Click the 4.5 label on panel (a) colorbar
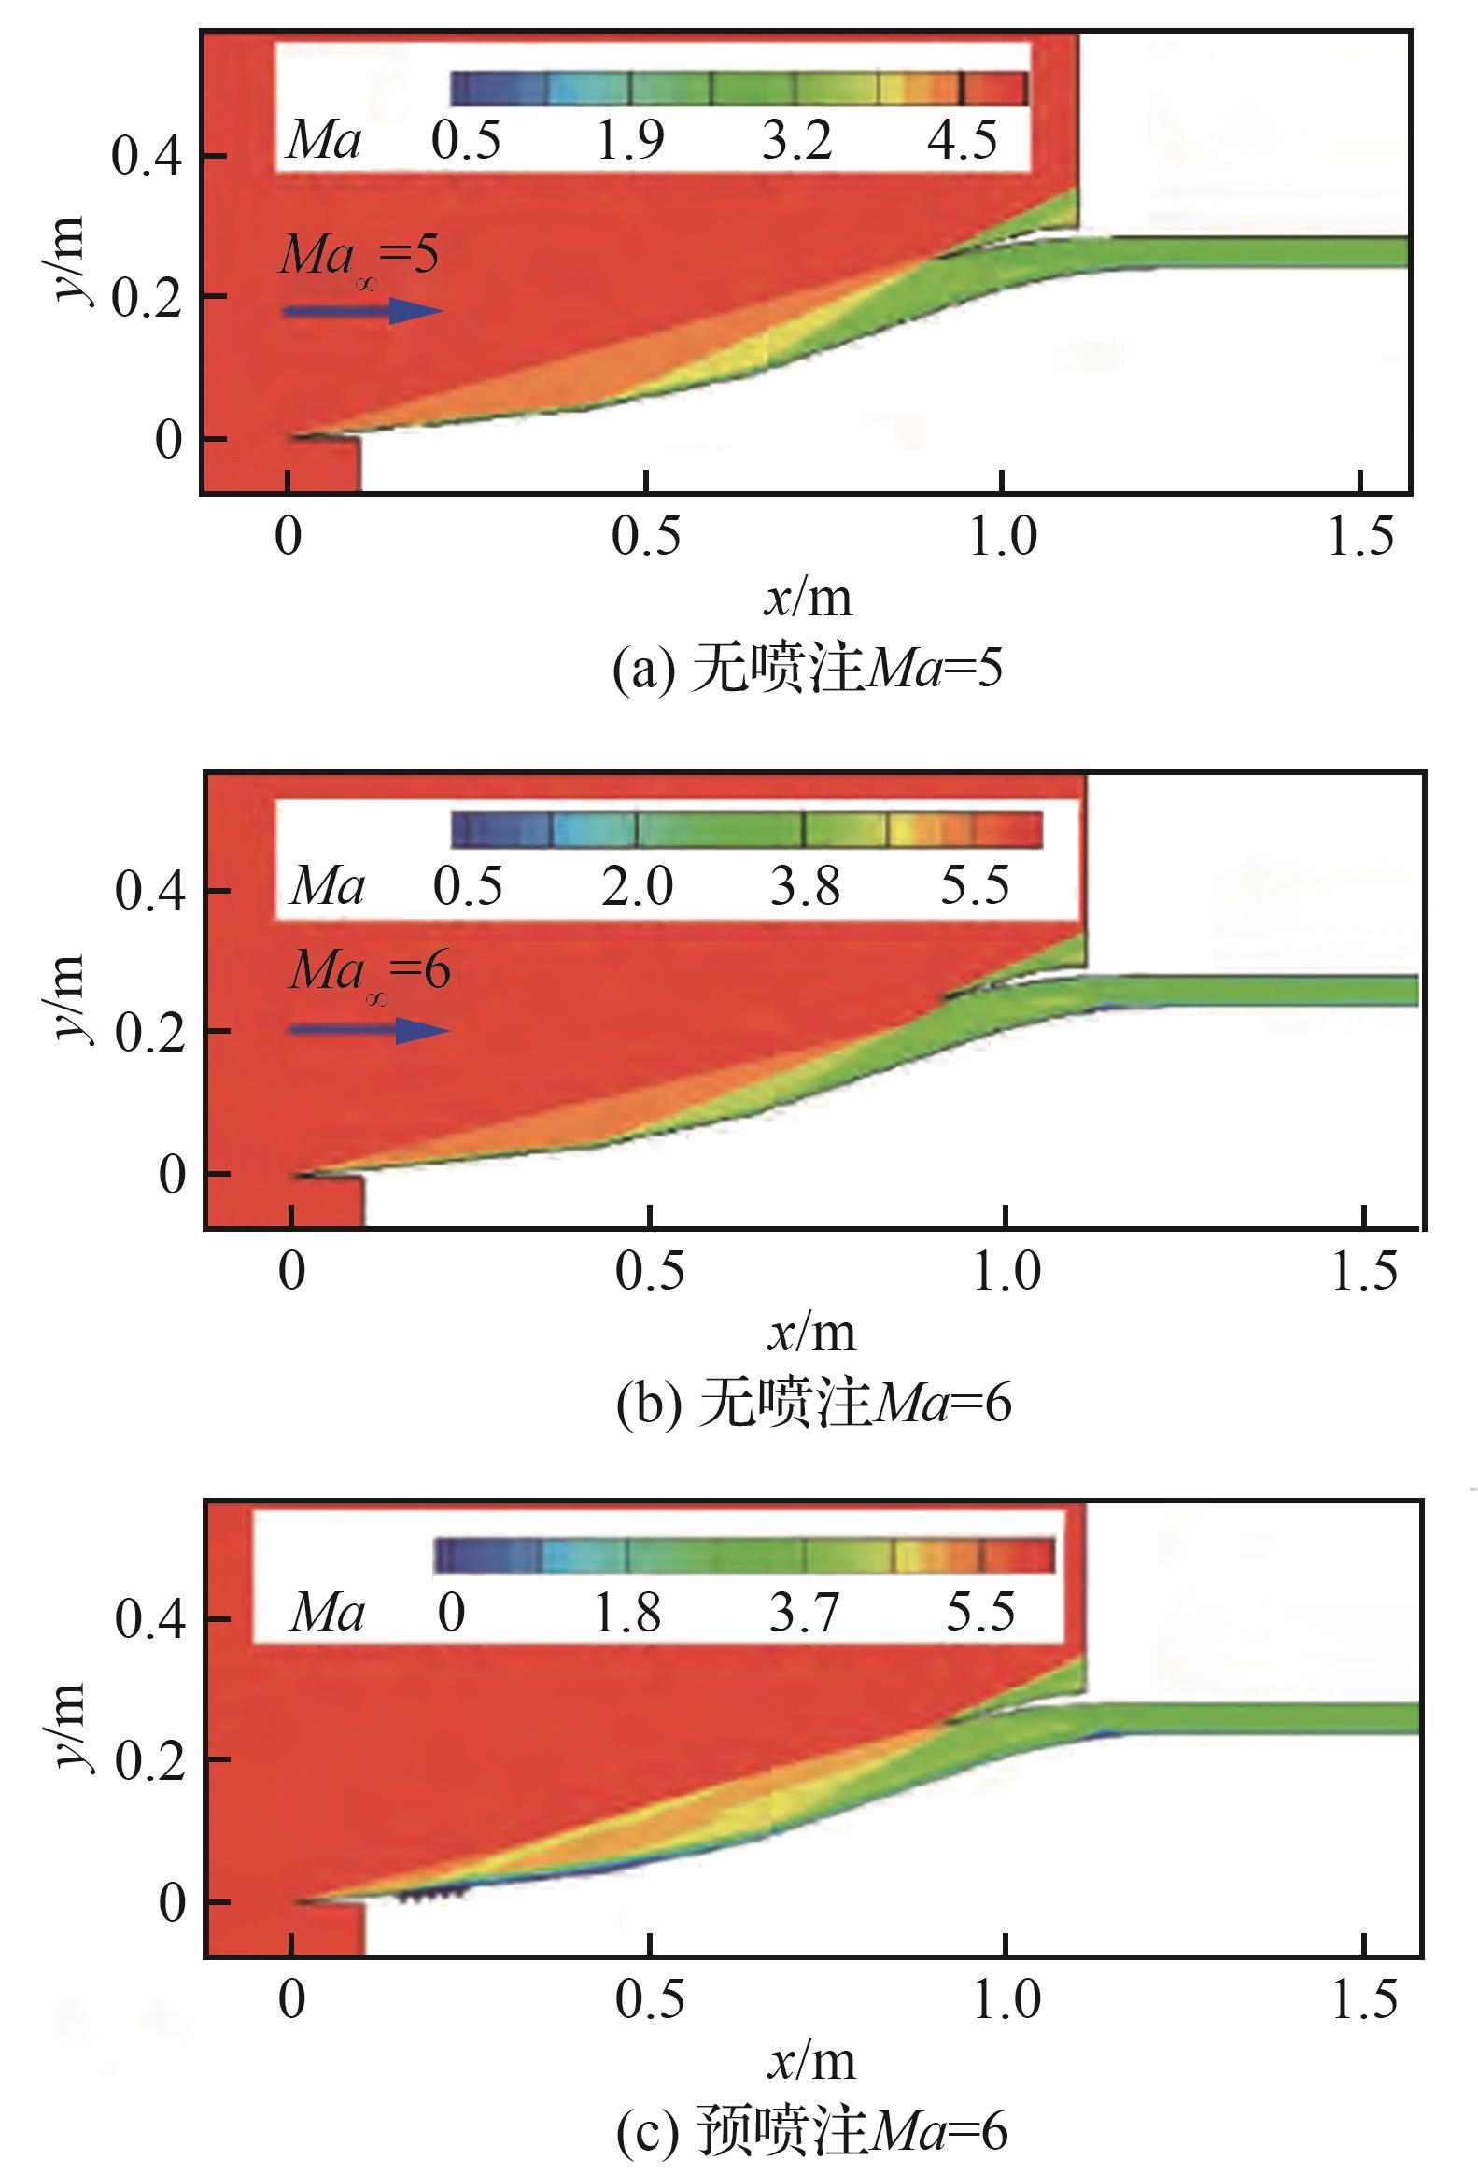coord(963,140)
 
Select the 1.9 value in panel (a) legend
coord(630,140)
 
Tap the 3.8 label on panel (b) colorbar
coord(806,885)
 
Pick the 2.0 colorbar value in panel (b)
coord(637,885)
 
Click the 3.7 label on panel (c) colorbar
coord(805,1613)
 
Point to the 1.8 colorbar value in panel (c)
coord(627,1613)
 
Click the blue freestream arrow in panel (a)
coord(363,311)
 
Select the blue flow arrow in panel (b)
coord(370,1031)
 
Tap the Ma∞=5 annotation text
coord(359,255)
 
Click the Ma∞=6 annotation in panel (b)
coord(370,971)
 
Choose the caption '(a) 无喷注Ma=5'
coord(808,670)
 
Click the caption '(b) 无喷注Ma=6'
coord(813,1404)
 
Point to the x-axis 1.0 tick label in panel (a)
coord(1003,537)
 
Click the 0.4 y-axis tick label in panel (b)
coord(149,890)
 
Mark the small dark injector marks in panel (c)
coord(432,1895)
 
